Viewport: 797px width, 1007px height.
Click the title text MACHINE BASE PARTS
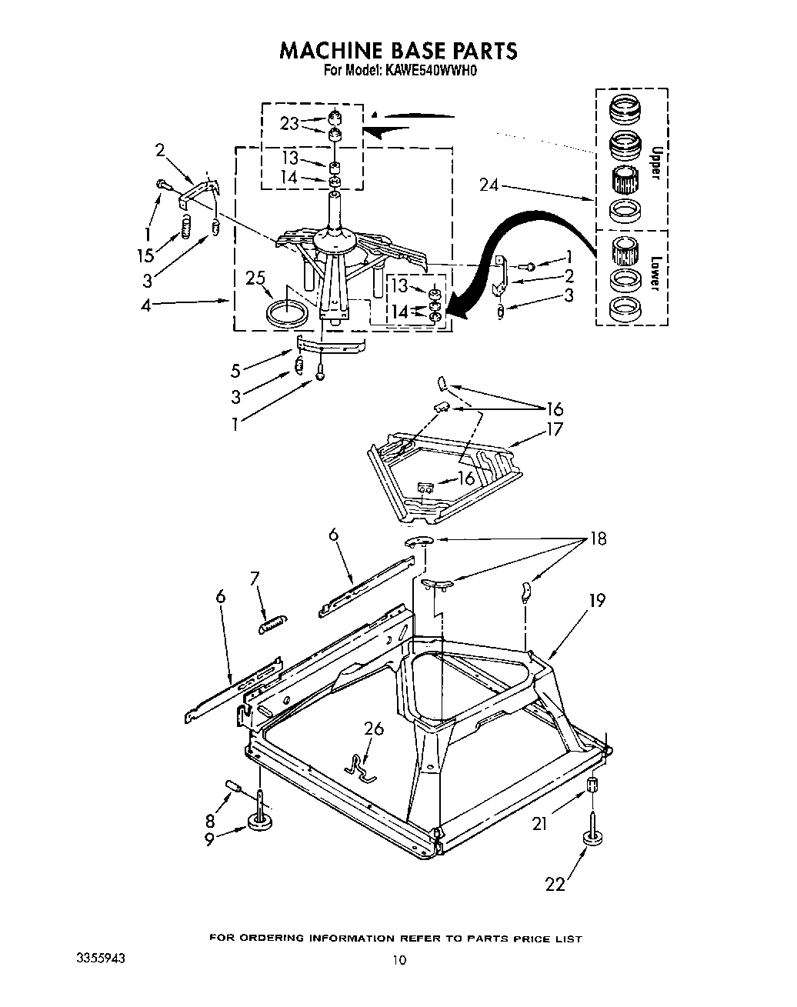[x=398, y=51]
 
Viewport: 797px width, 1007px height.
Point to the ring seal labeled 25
[x=288, y=315]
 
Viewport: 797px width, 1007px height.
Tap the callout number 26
[x=374, y=728]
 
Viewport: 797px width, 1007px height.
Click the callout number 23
[x=289, y=123]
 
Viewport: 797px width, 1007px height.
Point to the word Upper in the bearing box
[x=655, y=162]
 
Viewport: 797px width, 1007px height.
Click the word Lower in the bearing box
[x=655, y=272]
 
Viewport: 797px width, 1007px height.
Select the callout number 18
[x=597, y=539]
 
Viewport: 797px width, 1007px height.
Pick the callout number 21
[x=539, y=825]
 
